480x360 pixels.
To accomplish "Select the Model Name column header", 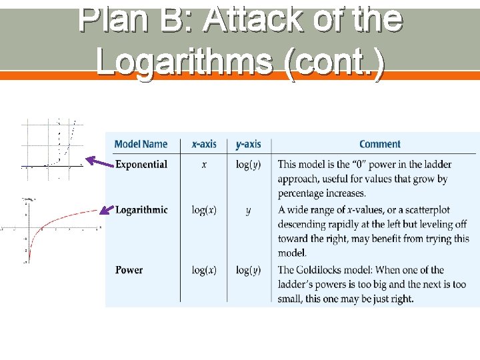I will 141,144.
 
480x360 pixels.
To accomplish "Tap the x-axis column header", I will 204,144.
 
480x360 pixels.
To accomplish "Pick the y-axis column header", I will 249,144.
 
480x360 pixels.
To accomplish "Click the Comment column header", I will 380,144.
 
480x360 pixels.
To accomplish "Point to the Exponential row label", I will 141,164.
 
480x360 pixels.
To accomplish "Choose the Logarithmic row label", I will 141,210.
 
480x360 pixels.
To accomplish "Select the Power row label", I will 129,270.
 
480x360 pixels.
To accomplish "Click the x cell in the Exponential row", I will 204,164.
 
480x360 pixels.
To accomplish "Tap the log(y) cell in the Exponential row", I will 249,164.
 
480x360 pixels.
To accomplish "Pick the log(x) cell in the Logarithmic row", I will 204,210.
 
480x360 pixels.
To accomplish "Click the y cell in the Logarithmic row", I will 249,210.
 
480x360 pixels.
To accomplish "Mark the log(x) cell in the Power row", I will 204,270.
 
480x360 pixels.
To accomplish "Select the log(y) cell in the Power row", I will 249,270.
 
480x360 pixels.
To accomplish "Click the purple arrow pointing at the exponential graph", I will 99,161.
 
